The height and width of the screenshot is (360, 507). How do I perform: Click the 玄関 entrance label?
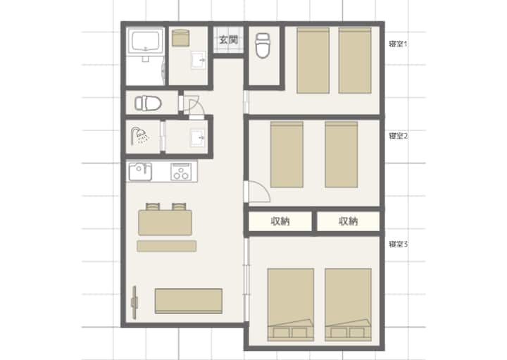click(229, 39)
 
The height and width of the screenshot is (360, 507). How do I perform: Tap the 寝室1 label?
click(398, 44)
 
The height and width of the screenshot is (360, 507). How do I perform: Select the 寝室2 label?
click(399, 136)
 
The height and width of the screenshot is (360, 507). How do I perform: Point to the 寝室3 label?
click(399, 244)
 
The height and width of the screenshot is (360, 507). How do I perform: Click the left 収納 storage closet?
click(280, 221)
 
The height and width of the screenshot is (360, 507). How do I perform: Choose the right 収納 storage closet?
click(349, 221)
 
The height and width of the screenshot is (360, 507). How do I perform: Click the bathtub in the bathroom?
click(146, 41)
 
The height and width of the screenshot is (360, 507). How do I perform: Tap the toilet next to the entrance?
click(263, 45)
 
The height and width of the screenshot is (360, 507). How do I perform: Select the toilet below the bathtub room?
click(148, 104)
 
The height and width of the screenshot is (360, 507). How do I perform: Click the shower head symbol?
click(139, 136)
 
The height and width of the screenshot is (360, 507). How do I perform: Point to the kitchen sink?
click(140, 172)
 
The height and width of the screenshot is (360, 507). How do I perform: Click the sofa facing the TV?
click(189, 301)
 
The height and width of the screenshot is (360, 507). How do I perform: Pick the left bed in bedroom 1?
click(313, 61)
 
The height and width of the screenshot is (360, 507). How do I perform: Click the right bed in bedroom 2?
click(342, 154)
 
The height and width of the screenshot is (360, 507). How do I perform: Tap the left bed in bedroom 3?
click(291, 304)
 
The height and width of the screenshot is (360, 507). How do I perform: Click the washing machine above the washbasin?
click(180, 38)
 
